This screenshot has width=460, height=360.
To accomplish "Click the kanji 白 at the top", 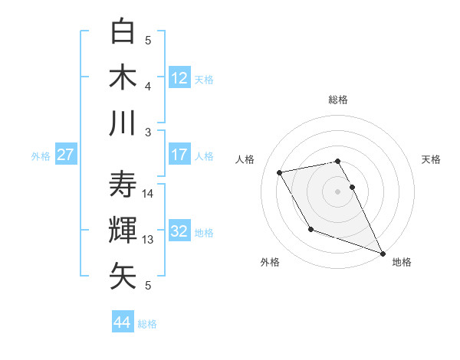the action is (x=124, y=32).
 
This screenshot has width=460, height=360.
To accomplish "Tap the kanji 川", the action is (x=124, y=123).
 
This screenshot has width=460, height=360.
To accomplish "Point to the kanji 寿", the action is (x=124, y=184).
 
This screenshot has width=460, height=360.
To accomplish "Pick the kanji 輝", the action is (x=124, y=230).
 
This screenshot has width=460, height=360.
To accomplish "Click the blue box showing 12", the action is (x=179, y=77).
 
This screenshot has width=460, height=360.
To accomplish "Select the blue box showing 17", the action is (x=179, y=155).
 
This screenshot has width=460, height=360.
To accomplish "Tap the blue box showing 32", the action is (x=179, y=231).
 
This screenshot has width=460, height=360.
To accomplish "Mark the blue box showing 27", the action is (x=65, y=155).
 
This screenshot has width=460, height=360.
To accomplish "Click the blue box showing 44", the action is (x=122, y=322).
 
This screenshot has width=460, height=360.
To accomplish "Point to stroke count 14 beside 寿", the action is (x=149, y=193).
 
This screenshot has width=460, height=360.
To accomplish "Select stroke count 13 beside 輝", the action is (x=149, y=240).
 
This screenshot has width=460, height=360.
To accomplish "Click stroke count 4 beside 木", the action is (x=149, y=86).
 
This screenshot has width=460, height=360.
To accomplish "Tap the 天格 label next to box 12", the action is (x=204, y=79).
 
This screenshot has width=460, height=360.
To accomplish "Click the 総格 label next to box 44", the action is (x=147, y=324).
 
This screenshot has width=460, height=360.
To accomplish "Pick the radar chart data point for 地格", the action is (x=383, y=254).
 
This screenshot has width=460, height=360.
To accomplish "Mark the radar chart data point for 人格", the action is (x=280, y=173).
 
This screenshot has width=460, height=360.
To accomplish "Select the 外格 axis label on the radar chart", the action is (x=270, y=262).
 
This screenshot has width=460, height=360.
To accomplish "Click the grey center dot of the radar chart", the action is (x=337, y=191).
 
